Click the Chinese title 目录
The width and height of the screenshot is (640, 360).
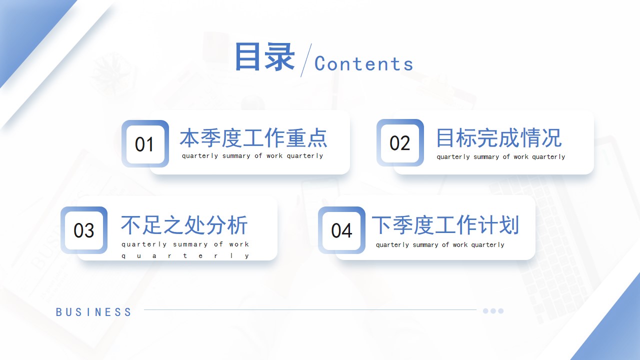(265, 56)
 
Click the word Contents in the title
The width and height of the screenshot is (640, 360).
(363, 63)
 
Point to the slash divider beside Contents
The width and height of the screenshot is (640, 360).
(306, 60)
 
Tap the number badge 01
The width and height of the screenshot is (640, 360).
(145, 143)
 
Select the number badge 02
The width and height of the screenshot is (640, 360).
(400, 142)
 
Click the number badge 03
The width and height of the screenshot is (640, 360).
(84, 230)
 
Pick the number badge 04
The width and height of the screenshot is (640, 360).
(341, 230)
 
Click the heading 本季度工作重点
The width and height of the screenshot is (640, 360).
(253, 138)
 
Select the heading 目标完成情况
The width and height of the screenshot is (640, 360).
(499, 138)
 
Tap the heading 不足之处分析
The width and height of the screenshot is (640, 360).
(184, 225)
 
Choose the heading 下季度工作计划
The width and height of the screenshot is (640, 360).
(445, 225)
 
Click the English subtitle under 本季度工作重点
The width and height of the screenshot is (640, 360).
(252, 156)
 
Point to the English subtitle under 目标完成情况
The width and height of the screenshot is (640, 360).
(501, 157)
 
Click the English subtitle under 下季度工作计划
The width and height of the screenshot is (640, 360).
(440, 245)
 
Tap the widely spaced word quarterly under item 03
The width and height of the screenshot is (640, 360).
(185, 255)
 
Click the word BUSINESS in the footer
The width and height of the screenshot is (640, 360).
(93, 312)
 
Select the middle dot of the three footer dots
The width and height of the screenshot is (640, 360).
(493, 311)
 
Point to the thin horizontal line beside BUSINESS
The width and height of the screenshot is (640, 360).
(310, 309)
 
